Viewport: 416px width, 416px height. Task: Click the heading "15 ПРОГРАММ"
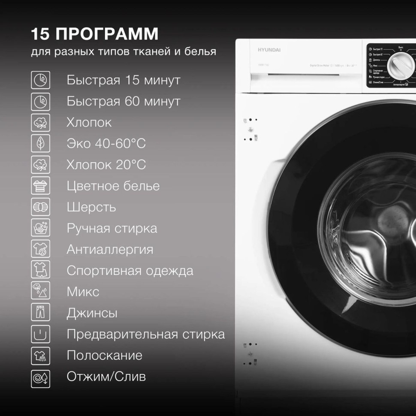click(95, 33)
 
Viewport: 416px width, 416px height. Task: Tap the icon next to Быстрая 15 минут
click(41, 80)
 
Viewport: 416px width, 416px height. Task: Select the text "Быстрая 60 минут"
click(123, 102)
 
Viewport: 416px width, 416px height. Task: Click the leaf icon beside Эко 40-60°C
click(41, 143)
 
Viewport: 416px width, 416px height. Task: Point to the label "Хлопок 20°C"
click(106, 165)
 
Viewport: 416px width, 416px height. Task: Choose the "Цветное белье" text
click(113, 186)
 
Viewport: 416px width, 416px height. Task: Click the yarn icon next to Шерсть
click(41, 207)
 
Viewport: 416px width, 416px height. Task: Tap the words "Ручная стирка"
click(112, 229)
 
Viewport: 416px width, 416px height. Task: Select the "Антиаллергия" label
click(110, 250)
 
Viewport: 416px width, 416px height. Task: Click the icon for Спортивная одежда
click(41, 271)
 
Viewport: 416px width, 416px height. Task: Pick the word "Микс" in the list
click(83, 292)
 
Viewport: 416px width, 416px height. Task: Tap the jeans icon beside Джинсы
click(41, 313)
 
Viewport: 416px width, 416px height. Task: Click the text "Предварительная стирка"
click(145, 335)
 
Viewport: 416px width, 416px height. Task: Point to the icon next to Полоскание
click(41, 356)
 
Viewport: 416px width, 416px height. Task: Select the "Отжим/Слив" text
click(106, 377)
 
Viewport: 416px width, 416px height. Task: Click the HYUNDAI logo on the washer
click(269, 50)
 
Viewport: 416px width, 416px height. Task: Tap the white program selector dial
click(401, 65)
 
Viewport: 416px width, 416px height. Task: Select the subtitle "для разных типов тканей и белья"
click(124, 52)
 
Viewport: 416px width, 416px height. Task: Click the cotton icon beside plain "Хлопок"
click(41, 123)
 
